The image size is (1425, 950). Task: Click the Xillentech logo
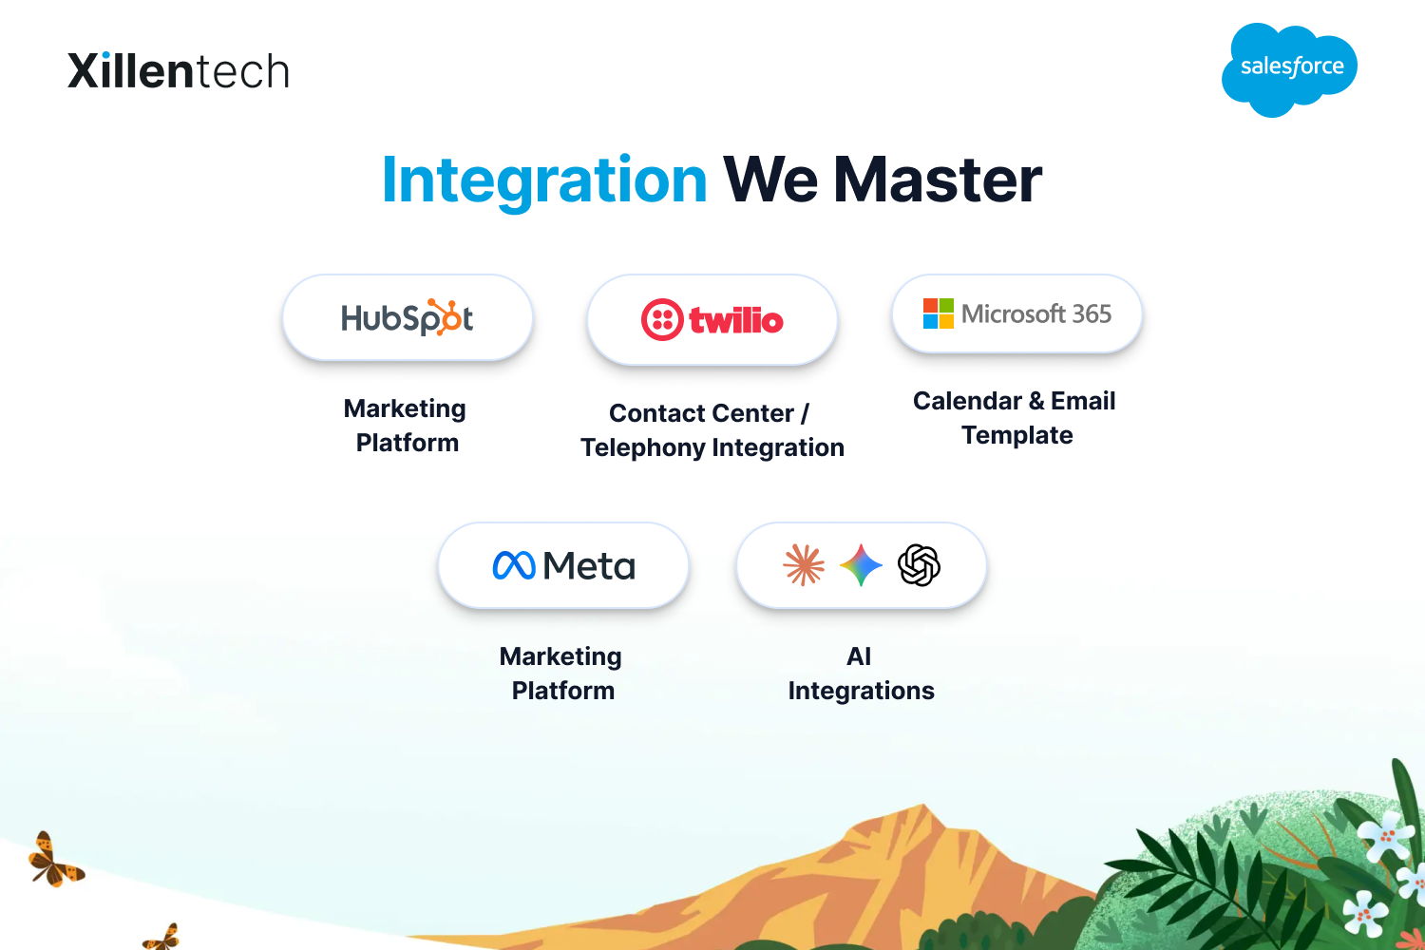pyautogui.click(x=179, y=70)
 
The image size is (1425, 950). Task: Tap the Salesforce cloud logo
pyautogui.click(x=1289, y=69)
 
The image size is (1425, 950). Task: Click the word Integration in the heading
pyautogui.click(x=544, y=180)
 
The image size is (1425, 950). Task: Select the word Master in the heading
pyautogui.click(x=938, y=180)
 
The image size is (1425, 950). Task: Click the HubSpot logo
pyautogui.click(x=408, y=317)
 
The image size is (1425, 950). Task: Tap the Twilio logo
pyautogui.click(x=712, y=319)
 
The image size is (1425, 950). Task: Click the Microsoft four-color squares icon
pyautogui.click(x=939, y=313)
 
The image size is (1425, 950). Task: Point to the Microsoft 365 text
pyautogui.click(x=1036, y=313)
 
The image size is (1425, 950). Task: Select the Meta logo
pyautogui.click(x=563, y=565)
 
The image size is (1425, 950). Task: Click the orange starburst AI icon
pyautogui.click(x=804, y=565)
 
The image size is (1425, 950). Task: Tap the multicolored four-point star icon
pyautogui.click(x=861, y=565)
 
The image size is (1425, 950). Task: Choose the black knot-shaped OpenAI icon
pyautogui.click(x=919, y=565)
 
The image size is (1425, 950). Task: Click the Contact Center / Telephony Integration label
pyautogui.click(x=712, y=430)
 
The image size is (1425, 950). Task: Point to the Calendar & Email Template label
pyautogui.click(x=1015, y=418)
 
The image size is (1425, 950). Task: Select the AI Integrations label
pyautogui.click(x=862, y=674)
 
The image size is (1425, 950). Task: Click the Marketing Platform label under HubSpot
pyautogui.click(x=406, y=425)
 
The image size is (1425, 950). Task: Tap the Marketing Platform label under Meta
pyautogui.click(x=561, y=674)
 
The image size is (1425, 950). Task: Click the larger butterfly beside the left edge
pyautogui.click(x=55, y=861)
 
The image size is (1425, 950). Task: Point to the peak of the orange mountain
pyautogui.click(x=923, y=805)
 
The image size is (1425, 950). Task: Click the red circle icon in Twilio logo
pyautogui.click(x=662, y=319)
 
